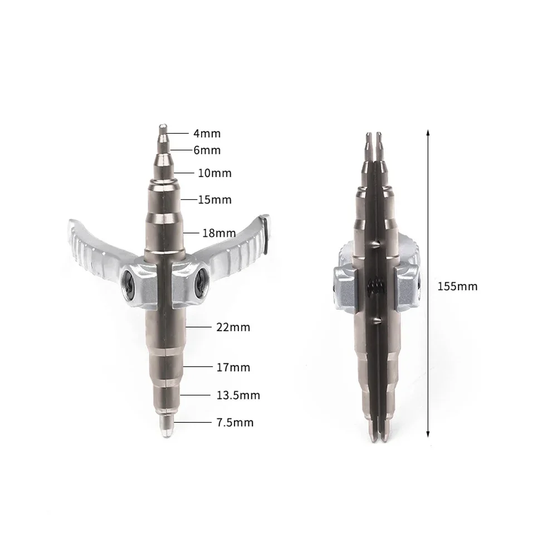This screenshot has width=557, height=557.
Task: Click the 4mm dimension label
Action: (207, 134)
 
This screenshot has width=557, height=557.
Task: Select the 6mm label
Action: (207, 150)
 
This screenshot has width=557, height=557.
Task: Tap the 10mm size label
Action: (214, 173)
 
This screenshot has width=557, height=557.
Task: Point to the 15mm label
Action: (214, 199)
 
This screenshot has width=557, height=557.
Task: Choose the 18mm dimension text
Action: (219, 233)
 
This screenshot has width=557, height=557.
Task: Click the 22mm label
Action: (233, 327)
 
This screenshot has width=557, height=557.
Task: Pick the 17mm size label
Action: (233, 367)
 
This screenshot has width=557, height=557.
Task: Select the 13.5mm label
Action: (238, 395)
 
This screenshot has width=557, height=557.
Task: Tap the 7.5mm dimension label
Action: (235, 423)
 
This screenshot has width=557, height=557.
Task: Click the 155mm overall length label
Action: (457, 286)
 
